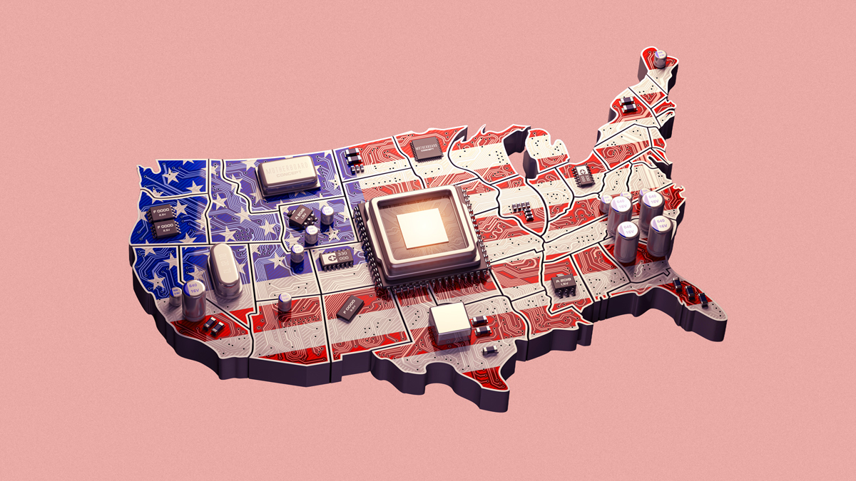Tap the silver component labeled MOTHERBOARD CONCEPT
tap(287, 175)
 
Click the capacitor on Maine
tap(662, 57)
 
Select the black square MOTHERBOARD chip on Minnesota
tap(427, 150)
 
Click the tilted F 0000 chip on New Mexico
tap(350, 310)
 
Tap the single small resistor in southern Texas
tap(490, 351)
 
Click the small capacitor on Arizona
tap(285, 302)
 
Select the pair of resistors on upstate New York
tap(628, 106)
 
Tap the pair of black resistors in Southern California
tap(213, 326)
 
